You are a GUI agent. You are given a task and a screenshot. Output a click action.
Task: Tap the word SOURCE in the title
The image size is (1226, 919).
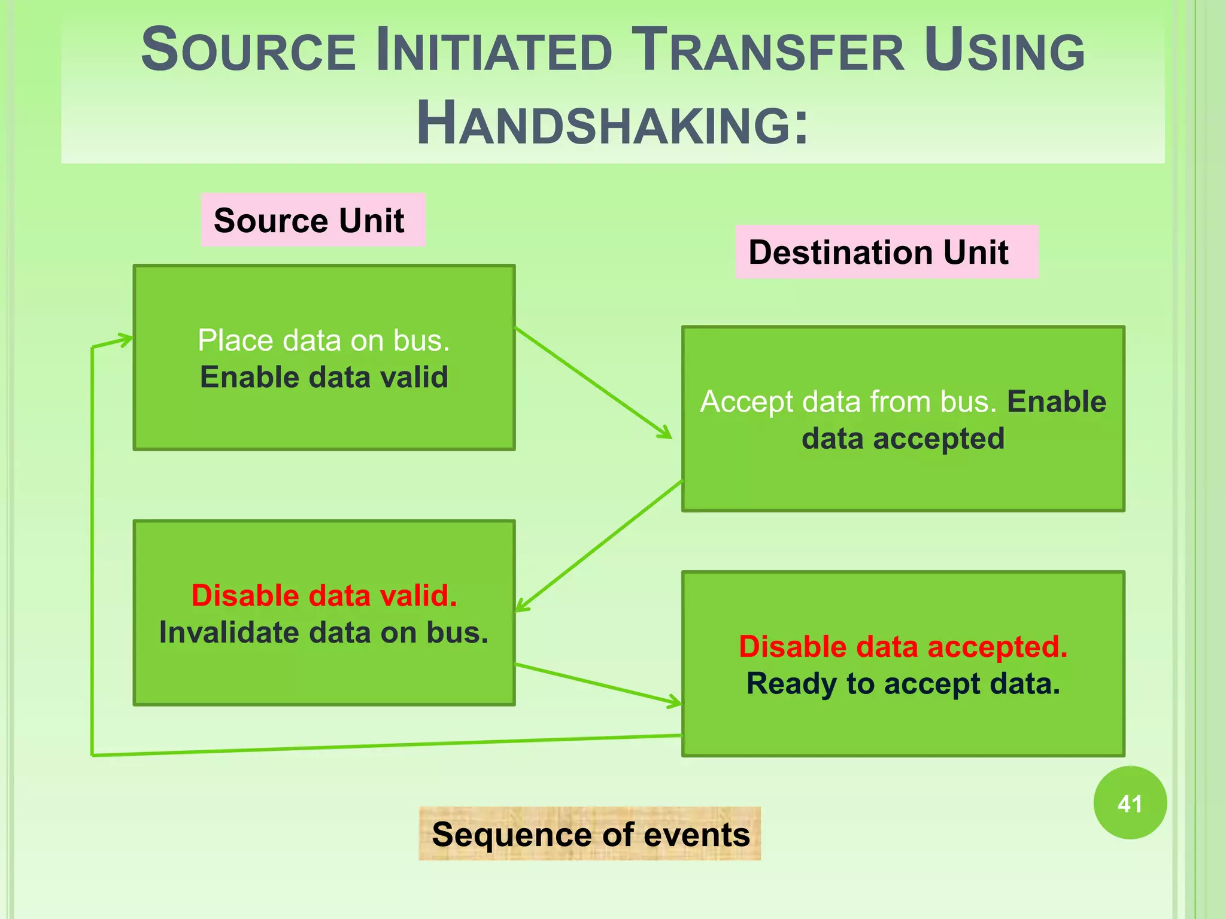[x=248, y=50]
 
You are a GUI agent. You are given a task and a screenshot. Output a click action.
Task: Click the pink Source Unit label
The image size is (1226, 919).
[x=312, y=220]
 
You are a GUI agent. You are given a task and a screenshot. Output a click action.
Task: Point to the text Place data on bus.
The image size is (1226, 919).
[x=323, y=340]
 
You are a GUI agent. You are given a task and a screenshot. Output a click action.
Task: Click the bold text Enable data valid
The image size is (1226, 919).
[x=323, y=378]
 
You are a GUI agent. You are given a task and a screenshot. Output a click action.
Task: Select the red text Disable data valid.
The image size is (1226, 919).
[x=323, y=596]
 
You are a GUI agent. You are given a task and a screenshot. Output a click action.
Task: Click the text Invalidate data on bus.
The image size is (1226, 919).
[x=323, y=633]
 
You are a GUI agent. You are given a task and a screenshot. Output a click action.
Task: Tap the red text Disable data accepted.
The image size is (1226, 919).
[x=903, y=647]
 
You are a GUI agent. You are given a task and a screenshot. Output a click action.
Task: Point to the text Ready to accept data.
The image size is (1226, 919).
[x=903, y=684]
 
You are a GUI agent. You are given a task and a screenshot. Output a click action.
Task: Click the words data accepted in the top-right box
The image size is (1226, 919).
[x=903, y=439]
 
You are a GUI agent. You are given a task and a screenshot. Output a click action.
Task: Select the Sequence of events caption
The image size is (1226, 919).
[x=590, y=834]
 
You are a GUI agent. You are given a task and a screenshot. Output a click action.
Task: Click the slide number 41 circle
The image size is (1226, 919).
[x=1130, y=803]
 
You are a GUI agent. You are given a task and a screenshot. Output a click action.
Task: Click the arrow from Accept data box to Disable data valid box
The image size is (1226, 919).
[x=599, y=546]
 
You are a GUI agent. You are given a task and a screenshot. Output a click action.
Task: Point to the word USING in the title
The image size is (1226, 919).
[x=1004, y=50]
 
